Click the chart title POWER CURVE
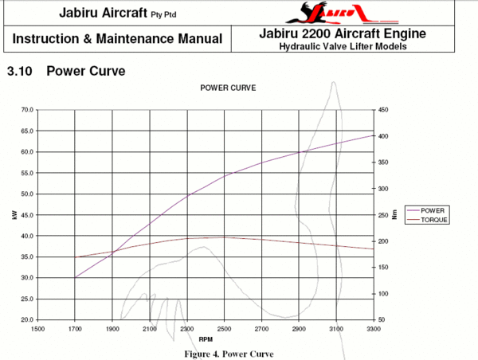pyautogui.click(x=227, y=88)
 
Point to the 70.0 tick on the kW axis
pyautogui.click(x=27, y=110)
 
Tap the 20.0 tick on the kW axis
pyautogui.click(x=27, y=320)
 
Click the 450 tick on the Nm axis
pyautogui.click(x=382, y=110)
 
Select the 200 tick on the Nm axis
pyautogui.click(x=382, y=241)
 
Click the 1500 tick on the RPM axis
pyautogui.click(x=37, y=328)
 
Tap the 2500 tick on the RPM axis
pyautogui.click(x=224, y=328)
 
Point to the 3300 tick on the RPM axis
pyautogui.click(x=373, y=328)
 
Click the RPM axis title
pyautogui.click(x=206, y=338)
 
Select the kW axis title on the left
pyautogui.click(x=14, y=215)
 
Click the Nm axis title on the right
pyautogui.click(x=394, y=215)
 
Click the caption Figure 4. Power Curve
pyautogui.click(x=229, y=354)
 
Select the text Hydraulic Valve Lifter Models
pyautogui.click(x=343, y=46)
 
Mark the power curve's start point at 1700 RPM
pyautogui.click(x=75, y=278)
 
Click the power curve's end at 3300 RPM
pyautogui.click(x=373, y=135)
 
